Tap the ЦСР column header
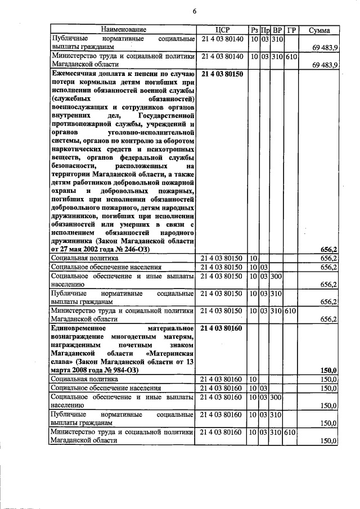pyautogui.click(x=223, y=29)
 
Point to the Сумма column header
pyautogui.click(x=319, y=29)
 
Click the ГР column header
pyautogui.click(x=291, y=29)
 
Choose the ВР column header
pyautogui.click(x=278, y=29)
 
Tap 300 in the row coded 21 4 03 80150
pyautogui.click(x=276, y=277)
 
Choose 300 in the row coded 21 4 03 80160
pyautogui.click(x=276, y=398)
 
